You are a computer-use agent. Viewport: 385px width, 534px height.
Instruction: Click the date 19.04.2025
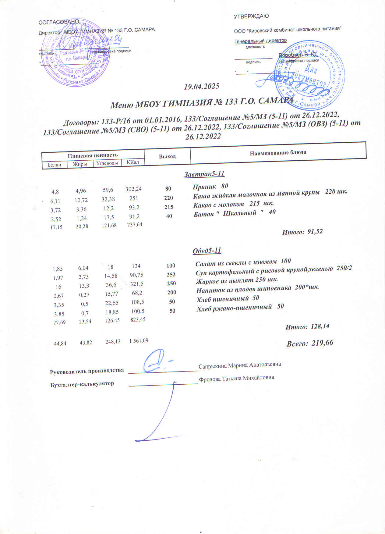[x=202, y=86]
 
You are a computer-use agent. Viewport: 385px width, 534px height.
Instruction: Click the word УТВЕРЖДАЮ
[x=251, y=16]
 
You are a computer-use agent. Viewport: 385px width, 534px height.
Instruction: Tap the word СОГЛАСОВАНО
[x=59, y=22]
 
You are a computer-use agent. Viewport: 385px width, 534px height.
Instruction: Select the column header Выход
[x=167, y=156]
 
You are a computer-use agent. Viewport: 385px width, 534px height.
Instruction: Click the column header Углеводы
[x=107, y=163]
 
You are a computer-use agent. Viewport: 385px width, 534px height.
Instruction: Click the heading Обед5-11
[x=207, y=251]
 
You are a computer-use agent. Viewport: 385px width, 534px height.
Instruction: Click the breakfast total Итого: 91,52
[x=302, y=232]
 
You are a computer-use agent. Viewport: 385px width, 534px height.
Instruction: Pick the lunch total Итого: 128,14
[x=307, y=327]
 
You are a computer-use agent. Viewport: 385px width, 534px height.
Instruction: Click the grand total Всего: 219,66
[x=310, y=343]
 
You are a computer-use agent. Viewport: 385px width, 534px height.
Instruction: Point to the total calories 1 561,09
[x=139, y=341]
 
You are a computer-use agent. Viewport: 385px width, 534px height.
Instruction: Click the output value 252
[x=171, y=275]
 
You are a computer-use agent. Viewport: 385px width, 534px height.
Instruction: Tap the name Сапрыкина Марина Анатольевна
[x=239, y=365]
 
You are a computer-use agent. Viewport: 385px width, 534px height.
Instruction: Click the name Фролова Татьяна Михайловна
[x=236, y=378]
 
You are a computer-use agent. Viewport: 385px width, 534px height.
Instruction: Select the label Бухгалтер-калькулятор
[x=82, y=384]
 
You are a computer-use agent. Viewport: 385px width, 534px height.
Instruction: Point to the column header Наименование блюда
[x=278, y=153]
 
